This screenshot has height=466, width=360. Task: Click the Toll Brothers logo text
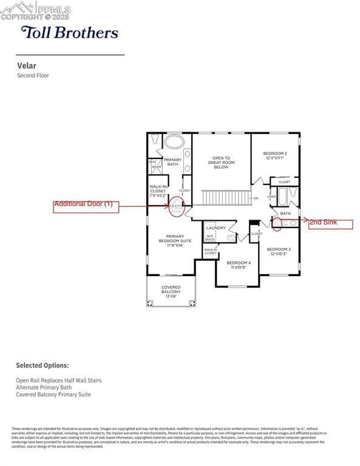(x=69, y=32)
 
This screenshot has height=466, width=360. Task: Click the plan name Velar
(x=26, y=66)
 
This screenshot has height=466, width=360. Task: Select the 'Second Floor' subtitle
(x=33, y=76)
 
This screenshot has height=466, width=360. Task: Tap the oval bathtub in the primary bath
(x=175, y=142)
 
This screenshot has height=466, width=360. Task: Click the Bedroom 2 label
(x=275, y=155)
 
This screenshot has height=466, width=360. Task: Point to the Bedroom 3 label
(x=279, y=251)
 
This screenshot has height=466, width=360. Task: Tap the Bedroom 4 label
(x=239, y=265)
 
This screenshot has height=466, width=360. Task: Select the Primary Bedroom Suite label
(x=175, y=240)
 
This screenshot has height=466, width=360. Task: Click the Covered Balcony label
(x=171, y=291)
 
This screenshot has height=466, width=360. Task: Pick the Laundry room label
(x=216, y=228)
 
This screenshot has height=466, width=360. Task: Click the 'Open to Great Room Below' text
(x=221, y=162)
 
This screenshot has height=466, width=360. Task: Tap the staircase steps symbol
(x=226, y=197)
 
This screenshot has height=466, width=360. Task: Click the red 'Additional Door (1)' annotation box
(x=86, y=206)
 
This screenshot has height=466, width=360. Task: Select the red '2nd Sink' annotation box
(x=330, y=223)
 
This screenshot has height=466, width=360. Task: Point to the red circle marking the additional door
(x=176, y=207)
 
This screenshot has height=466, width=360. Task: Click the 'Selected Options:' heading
(x=42, y=366)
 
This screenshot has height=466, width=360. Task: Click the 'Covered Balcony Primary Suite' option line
(x=53, y=394)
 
